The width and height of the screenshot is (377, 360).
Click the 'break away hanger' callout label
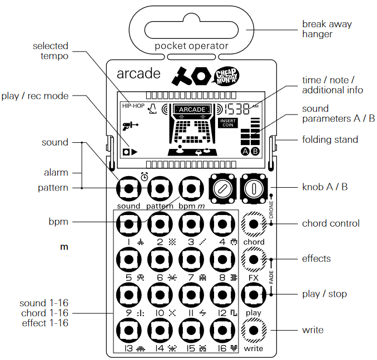[x=327, y=29]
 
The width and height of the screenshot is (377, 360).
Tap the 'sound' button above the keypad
[x=128, y=188]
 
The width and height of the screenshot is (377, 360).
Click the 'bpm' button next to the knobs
[x=191, y=188]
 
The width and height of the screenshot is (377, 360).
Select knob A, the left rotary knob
[x=222, y=189]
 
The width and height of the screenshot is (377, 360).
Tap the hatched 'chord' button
[x=254, y=224]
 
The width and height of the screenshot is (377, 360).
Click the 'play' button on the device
[x=254, y=294]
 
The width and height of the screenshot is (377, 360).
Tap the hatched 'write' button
[x=254, y=331]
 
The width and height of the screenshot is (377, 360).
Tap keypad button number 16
[x=222, y=331]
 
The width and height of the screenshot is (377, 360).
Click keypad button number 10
[x=160, y=294]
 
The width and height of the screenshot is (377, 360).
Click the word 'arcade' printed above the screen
[x=138, y=73]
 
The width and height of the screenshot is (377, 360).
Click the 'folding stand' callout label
[x=330, y=139]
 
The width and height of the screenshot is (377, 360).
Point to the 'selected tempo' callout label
[x=51, y=51]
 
